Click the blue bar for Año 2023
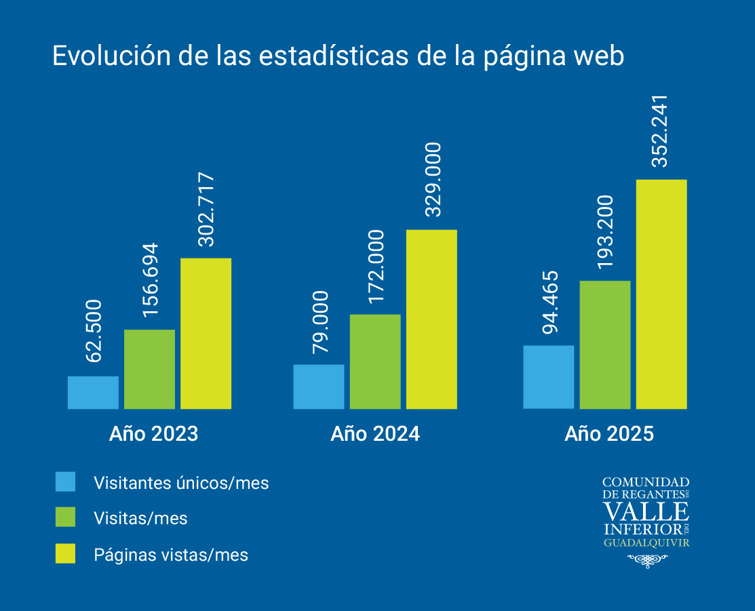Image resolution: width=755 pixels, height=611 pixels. point(93,393)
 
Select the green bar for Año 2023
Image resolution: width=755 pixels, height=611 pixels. point(149,369)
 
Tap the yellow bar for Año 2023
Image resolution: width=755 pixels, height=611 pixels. point(206,333)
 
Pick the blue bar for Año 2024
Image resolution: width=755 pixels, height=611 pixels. point(319,387)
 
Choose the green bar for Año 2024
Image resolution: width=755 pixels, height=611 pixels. point(375,361)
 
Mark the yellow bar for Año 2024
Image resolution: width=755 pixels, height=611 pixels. point(431,319)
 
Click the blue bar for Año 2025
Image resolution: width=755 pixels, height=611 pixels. point(549,377)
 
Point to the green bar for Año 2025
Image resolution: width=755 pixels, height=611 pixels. point(605,344)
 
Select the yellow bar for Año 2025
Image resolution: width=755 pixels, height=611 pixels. point(661,294)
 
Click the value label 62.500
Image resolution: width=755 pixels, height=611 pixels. point(93,332)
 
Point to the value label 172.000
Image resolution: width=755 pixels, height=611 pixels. point(375,267)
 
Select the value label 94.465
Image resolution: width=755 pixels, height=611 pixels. point(549,302)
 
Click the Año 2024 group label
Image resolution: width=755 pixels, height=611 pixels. point(375,434)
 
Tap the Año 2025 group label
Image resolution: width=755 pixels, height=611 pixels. point(609,434)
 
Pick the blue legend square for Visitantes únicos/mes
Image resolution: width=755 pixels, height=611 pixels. point(66,481)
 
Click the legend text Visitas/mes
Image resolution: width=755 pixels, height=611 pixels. point(140,519)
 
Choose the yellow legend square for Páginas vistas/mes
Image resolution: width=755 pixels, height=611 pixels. point(66,553)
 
